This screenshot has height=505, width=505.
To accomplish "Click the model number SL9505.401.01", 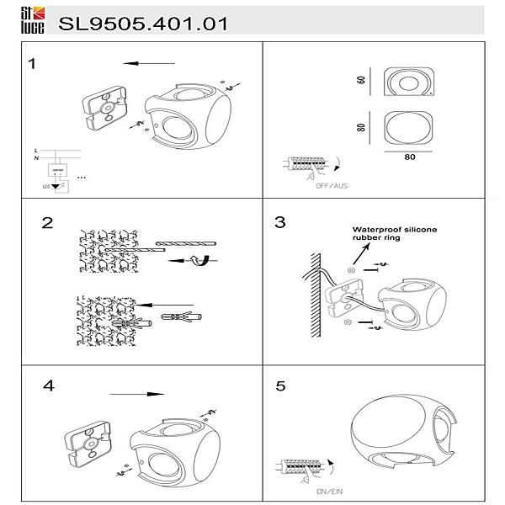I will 143,24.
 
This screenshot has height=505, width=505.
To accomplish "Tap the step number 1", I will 32,64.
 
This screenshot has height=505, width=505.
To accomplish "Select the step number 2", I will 47,223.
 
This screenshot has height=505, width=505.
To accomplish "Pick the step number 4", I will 49,385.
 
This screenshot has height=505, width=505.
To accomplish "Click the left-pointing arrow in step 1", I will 148,63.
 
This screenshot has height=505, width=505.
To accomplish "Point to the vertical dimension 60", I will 360,80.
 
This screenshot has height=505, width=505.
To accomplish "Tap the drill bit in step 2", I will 185,242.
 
